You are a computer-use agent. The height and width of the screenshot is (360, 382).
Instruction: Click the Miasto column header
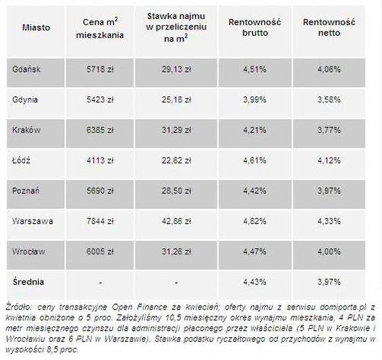[x=36, y=28]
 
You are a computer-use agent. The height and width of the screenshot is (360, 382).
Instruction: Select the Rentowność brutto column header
[x=254, y=28]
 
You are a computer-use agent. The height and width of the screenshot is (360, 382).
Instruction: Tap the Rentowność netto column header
[x=329, y=28]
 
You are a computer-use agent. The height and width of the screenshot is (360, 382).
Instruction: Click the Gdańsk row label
[x=26, y=70]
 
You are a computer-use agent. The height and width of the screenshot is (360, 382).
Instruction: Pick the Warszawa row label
[x=33, y=221]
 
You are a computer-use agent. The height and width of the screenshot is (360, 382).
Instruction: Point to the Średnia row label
[x=28, y=281]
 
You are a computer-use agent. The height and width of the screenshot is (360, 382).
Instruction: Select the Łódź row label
[x=21, y=161]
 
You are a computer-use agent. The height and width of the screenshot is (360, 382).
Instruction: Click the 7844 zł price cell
[x=100, y=221]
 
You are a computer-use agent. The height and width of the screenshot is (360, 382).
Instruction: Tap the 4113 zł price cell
[x=100, y=161]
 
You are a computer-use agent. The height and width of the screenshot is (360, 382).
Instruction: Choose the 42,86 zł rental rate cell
[x=176, y=221]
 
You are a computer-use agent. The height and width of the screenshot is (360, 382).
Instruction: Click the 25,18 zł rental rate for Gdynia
[x=176, y=99]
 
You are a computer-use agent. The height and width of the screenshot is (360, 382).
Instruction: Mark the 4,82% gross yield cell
[x=254, y=221]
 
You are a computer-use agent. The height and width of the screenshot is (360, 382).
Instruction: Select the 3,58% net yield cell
[x=329, y=99]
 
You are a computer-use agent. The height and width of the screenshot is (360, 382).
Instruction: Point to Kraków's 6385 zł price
[x=100, y=130]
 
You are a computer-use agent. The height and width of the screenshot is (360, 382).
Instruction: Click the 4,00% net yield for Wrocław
[x=329, y=251]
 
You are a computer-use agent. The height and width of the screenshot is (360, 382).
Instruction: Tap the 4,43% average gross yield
[x=254, y=282]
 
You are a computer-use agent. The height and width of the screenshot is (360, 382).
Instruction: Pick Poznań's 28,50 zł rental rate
[x=176, y=190]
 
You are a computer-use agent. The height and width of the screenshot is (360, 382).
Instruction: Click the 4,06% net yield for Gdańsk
[x=329, y=70]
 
